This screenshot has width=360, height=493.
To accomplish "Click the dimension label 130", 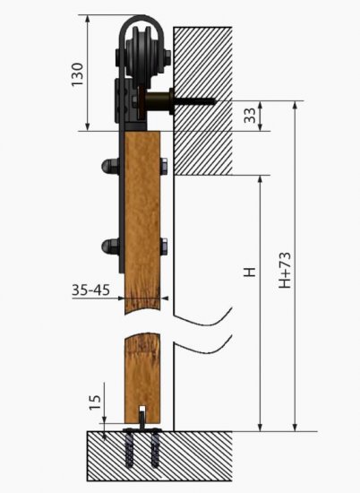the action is [77, 74].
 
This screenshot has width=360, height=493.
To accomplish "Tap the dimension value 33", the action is [250, 116].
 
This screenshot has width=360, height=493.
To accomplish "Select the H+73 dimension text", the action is [285, 270].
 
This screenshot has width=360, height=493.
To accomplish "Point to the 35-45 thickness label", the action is [91, 290].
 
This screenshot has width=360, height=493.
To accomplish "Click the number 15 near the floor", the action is [95, 402].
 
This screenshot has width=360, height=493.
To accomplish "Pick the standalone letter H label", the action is [250, 272].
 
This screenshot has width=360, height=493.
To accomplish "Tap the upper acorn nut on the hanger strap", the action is [109, 166].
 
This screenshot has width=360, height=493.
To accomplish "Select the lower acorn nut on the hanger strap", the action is [109, 246].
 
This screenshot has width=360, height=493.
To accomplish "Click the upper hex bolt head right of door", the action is [164, 166].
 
